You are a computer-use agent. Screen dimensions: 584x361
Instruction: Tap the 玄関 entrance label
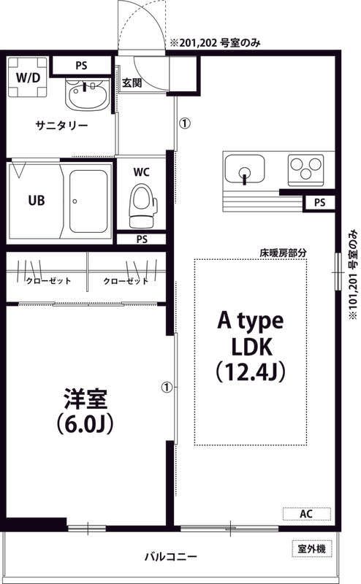(x=132, y=82)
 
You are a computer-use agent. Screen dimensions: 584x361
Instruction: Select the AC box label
(x=306, y=514)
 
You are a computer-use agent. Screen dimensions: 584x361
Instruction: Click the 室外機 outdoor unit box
(x=311, y=547)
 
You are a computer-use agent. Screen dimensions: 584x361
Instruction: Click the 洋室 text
(x=86, y=401)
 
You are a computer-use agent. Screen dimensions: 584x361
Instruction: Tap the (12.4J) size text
(x=250, y=371)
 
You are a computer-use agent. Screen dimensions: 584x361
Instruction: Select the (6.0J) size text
(x=86, y=424)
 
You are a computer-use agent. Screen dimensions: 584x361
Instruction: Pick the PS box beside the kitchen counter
(x=319, y=202)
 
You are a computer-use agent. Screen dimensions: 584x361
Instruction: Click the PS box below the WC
(x=141, y=239)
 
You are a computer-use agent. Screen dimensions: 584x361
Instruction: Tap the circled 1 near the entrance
(x=185, y=123)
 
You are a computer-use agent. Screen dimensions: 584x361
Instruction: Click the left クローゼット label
(x=47, y=281)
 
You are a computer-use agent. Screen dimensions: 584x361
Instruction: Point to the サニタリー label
(x=62, y=126)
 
